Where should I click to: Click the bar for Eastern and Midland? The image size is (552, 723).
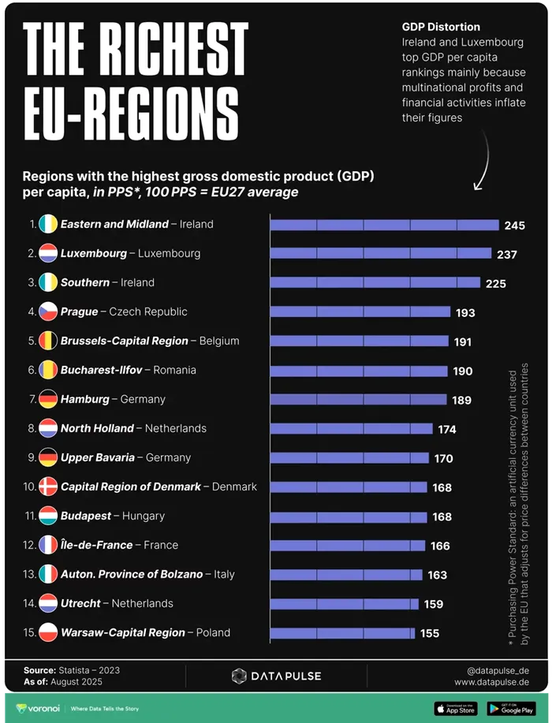384,225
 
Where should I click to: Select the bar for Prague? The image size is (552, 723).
360,312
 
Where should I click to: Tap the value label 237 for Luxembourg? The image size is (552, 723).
507,254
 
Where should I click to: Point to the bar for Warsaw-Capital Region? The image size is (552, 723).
341,633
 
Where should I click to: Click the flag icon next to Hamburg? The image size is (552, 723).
48,399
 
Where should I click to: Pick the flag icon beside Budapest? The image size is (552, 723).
48,516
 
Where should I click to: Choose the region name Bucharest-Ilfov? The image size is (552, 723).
105,370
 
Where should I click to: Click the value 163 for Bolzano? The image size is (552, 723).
438,575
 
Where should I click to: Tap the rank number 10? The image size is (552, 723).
29,486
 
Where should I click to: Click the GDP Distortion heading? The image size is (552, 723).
441,28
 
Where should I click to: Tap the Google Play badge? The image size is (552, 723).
511,709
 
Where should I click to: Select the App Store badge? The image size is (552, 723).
456,709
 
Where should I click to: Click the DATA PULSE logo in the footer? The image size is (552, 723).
276,676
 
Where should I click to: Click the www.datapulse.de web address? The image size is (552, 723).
491,682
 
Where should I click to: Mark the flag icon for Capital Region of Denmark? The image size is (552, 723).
48,486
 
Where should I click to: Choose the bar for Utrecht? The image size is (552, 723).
344,604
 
